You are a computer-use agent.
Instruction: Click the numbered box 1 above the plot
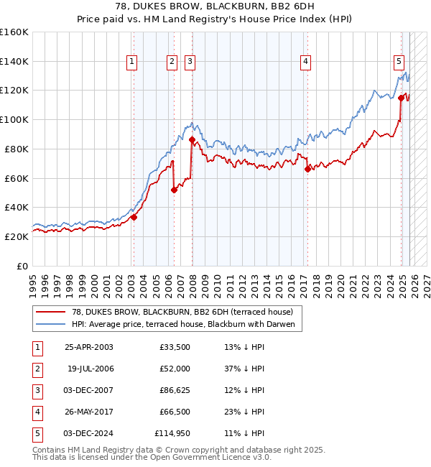point(133,63)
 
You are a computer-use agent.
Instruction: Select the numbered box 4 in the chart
point(306,63)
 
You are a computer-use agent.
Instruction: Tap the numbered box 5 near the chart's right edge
point(399,63)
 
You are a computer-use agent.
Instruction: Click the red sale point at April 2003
point(134,217)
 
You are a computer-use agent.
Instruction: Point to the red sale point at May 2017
point(307,169)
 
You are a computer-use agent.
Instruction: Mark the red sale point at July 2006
point(173,190)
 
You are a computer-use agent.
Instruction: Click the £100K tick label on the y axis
point(14,119)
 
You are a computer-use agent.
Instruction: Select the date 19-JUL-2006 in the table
point(89,369)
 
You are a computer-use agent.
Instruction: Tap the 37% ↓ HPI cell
point(244,369)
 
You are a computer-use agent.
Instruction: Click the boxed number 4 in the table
point(37,412)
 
